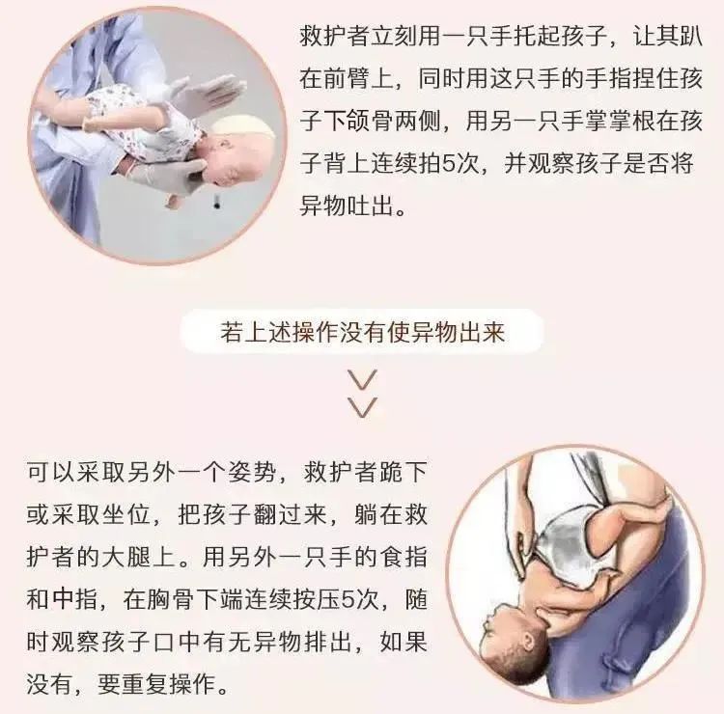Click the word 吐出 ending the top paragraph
pos(370,206)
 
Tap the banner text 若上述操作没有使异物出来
pos(362,332)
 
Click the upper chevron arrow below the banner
pos(362,379)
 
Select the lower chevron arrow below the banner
pos(362,407)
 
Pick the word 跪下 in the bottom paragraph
pos(404,472)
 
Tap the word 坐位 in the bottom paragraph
pos(126,514)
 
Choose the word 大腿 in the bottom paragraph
pos(126,557)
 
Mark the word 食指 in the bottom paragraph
pos(404,557)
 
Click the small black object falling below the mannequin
pos(216,202)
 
